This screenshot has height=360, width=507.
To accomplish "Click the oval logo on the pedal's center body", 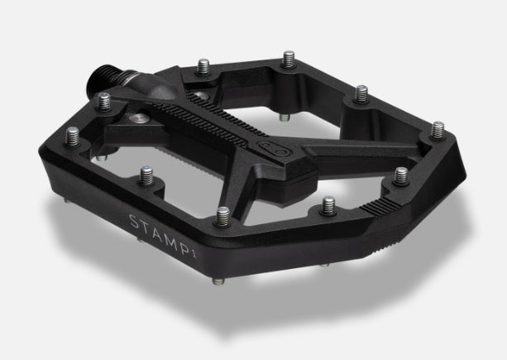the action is tap(274, 149).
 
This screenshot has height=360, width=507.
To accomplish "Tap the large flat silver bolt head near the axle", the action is tap(138, 118).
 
